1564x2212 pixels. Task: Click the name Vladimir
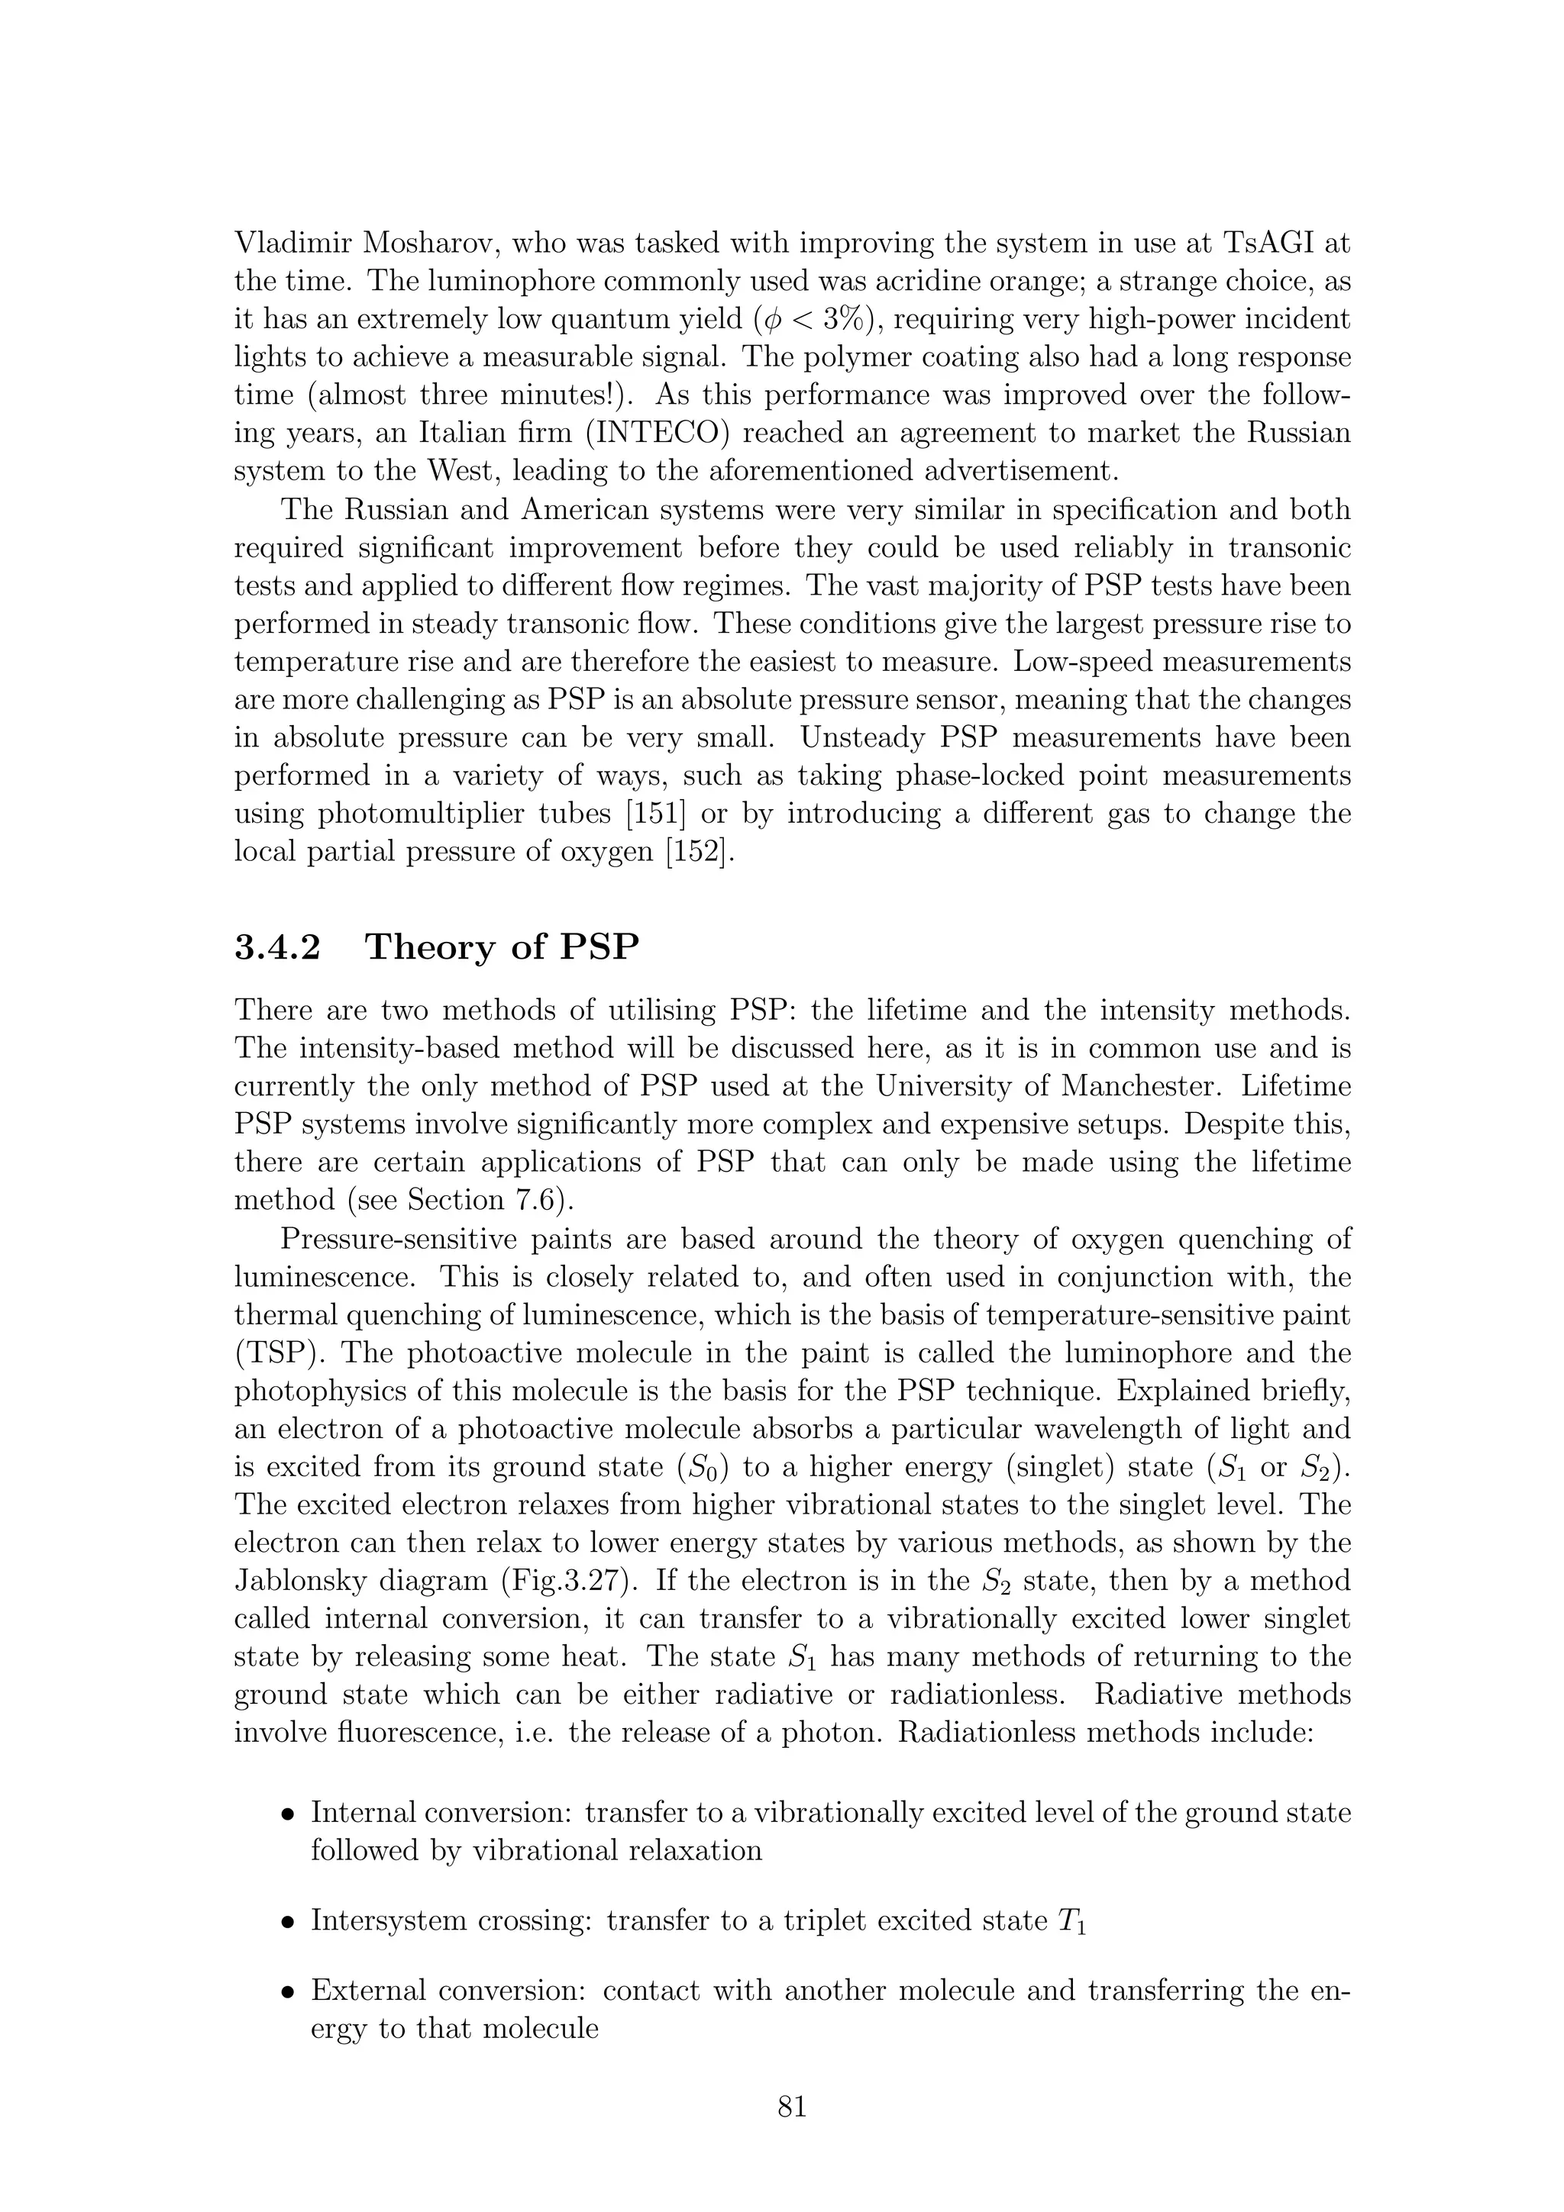(x=291, y=243)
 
